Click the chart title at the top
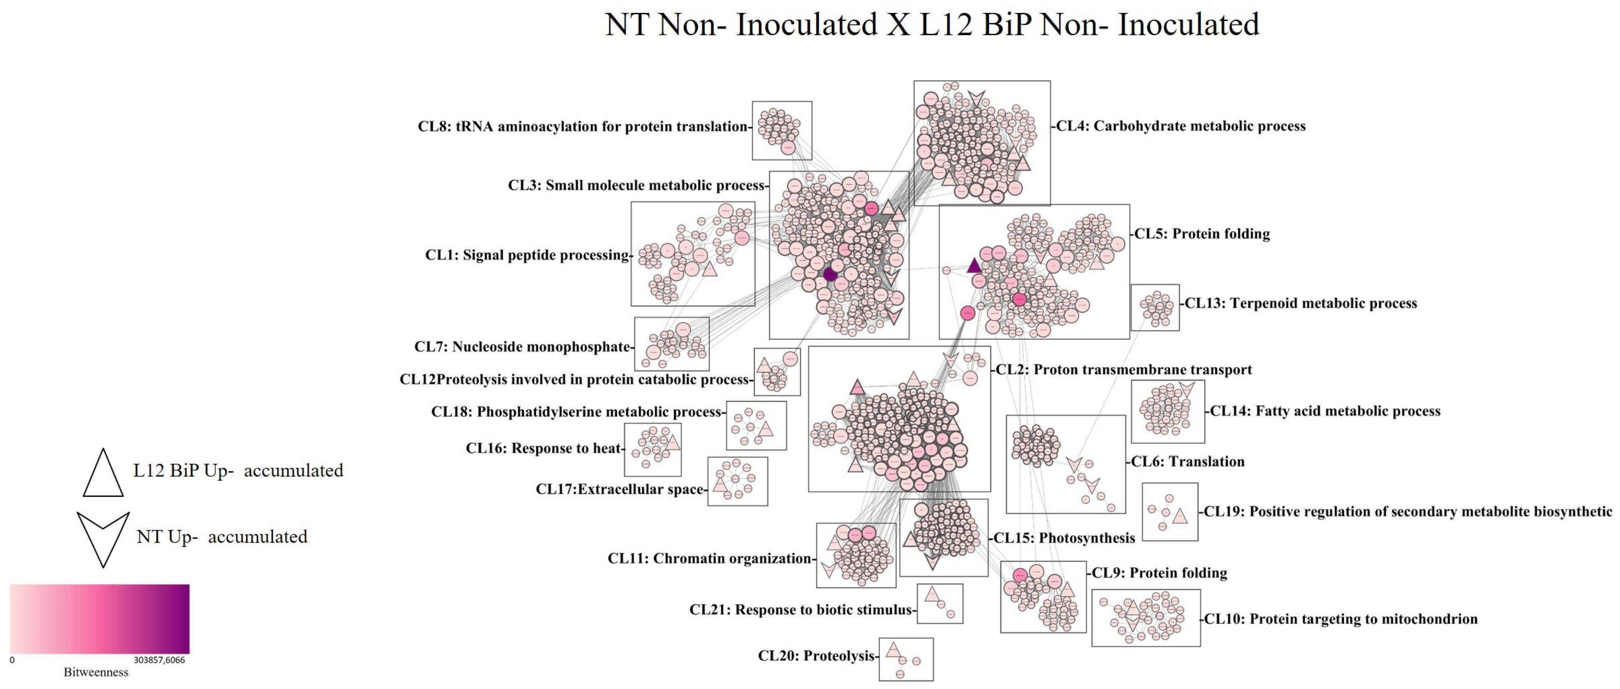[x=931, y=25]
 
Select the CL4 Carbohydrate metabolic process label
[x=1180, y=126]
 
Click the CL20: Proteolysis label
[x=816, y=656]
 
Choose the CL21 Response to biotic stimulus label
[x=800, y=609]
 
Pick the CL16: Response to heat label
[x=543, y=448]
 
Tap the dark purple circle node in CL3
[x=830, y=274]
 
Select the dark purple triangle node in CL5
[x=974, y=266]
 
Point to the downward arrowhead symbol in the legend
[x=103, y=535]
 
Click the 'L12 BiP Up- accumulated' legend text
[x=238, y=470]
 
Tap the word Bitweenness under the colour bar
[x=96, y=672]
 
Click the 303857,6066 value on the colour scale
[x=159, y=660]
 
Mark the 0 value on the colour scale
[x=12, y=660]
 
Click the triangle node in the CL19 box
[x=1180, y=516]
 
